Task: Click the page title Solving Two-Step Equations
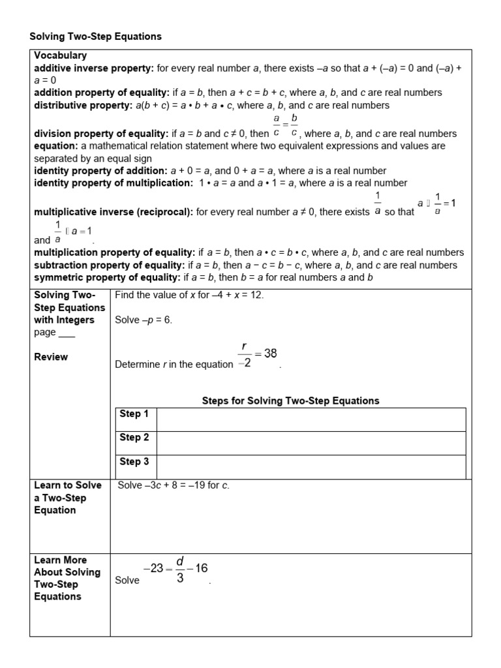point(95,37)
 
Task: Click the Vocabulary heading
point(60,56)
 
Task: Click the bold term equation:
point(56,146)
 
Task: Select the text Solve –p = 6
point(144,320)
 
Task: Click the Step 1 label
point(134,414)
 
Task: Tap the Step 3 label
point(134,462)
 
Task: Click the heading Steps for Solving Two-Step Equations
point(290,401)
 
